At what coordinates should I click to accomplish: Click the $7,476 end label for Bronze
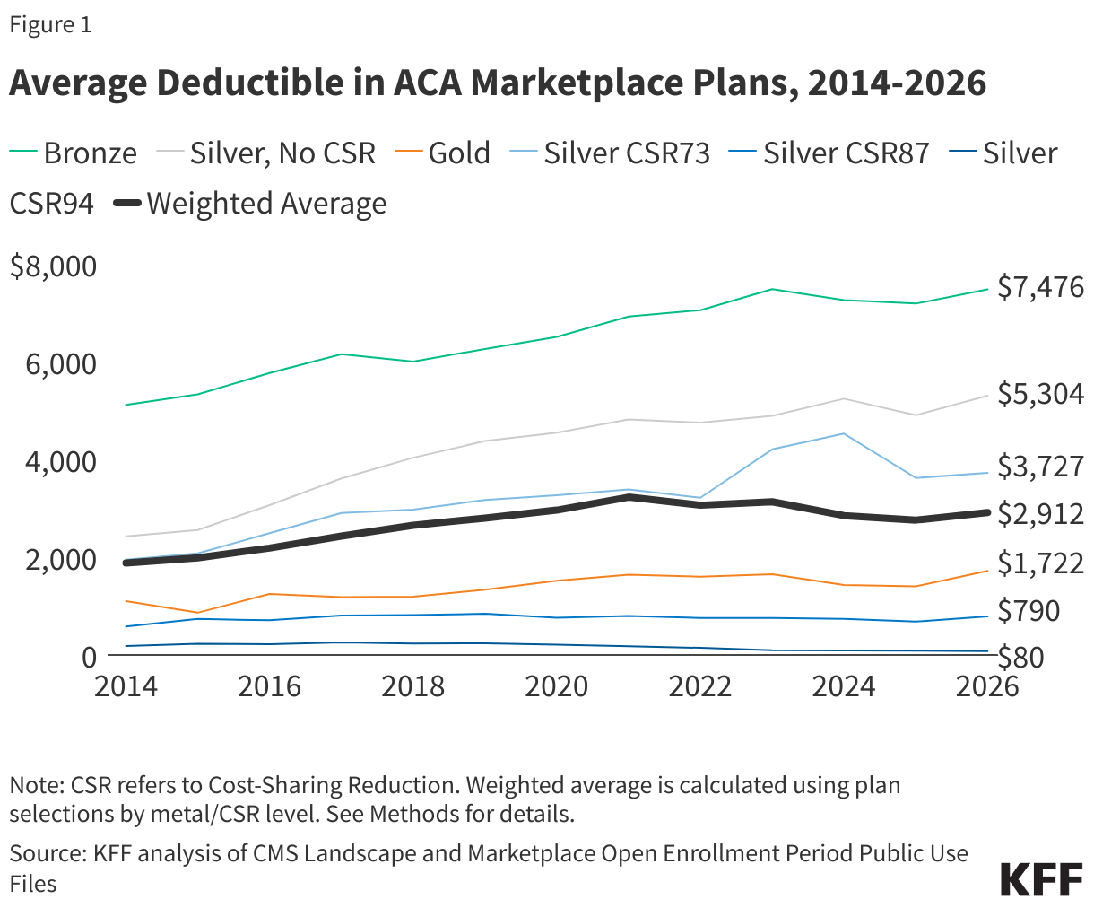[1040, 287]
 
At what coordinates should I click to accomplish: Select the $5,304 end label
[1040, 394]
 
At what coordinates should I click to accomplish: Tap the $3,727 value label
[1040, 467]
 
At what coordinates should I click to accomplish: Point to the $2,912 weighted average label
[1040, 514]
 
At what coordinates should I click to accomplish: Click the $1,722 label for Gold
[1040, 563]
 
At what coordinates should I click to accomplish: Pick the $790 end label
[1029, 611]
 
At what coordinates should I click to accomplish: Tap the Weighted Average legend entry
[251, 204]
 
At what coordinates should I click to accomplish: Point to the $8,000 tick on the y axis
[52, 266]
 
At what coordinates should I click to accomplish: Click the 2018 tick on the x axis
[412, 686]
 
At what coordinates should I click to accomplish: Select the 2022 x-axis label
[700, 686]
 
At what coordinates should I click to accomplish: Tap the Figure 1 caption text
[50, 25]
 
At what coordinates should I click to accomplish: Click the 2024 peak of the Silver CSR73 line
[843, 434]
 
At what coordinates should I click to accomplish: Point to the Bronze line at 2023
[772, 289]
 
